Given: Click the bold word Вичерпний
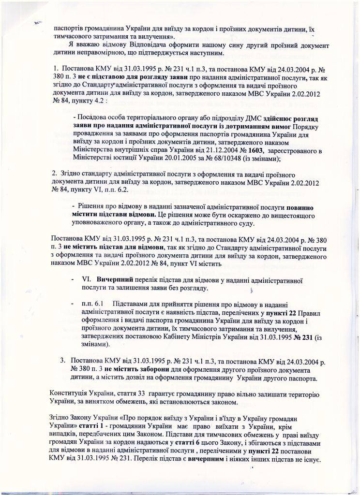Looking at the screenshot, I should pyautogui.click(x=116, y=279).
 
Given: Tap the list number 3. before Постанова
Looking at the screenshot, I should pyautogui.click(x=63, y=361).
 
